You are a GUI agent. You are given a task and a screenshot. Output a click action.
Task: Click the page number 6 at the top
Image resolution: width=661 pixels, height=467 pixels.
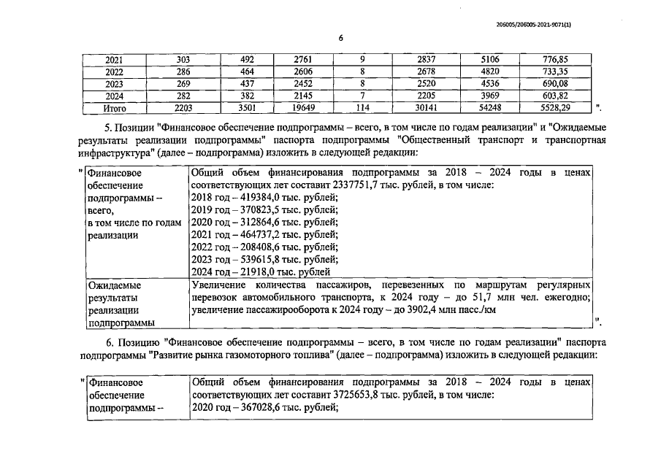point(340,38)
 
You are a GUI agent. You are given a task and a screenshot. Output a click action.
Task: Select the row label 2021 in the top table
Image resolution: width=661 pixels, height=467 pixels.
point(115,60)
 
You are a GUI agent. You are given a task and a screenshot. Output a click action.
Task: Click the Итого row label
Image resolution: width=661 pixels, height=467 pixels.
point(115,109)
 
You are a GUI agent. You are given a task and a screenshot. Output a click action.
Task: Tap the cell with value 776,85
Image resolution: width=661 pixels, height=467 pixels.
point(556,60)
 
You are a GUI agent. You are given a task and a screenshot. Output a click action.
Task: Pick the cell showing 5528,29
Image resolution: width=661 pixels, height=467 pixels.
point(556,109)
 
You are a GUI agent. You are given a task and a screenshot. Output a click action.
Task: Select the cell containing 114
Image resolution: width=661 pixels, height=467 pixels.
point(363,109)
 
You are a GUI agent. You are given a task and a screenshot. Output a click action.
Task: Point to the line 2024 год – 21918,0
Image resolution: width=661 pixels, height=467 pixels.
point(259,271)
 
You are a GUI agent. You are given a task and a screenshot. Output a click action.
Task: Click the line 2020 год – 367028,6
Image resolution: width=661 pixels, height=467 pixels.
point(264,408)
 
